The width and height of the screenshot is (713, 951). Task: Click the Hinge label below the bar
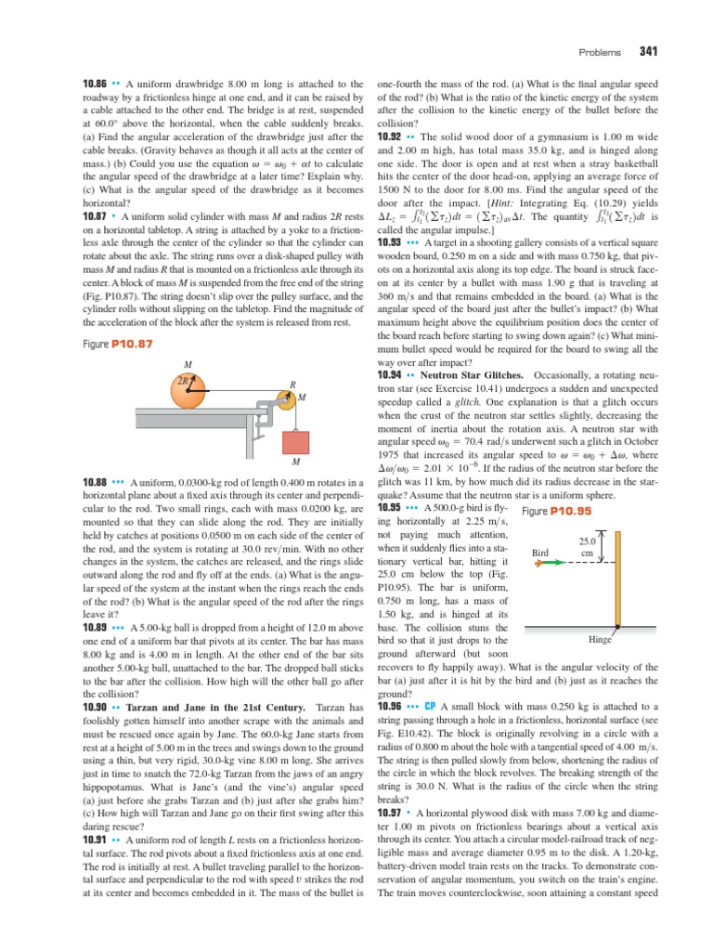[600, 640]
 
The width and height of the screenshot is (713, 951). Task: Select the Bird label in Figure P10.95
[543, 552]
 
